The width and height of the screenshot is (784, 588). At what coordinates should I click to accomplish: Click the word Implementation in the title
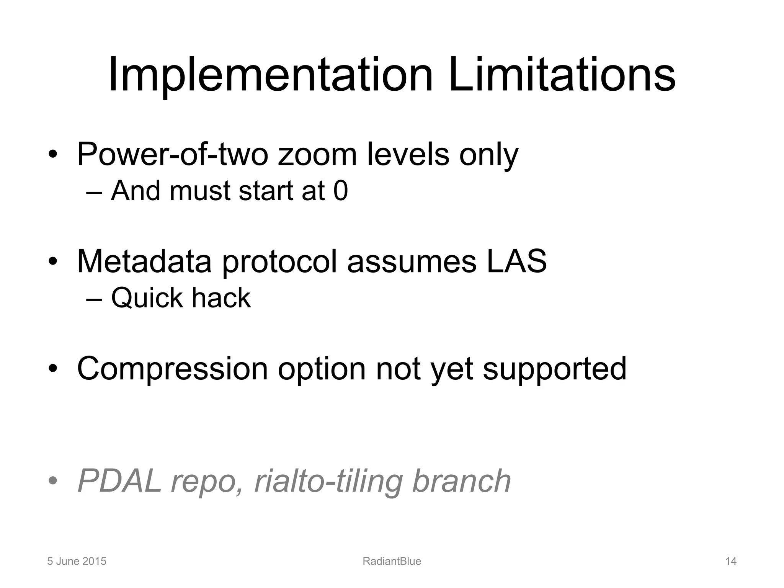(270, 75)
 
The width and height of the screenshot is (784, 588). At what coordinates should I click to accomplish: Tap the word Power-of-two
(172, 154)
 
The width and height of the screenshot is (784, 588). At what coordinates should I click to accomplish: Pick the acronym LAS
(517, 261)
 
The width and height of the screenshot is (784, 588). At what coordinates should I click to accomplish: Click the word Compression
(172, 369)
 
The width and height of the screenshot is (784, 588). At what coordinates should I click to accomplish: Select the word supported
(555, 369)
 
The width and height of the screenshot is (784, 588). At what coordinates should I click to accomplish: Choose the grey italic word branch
(462, 481)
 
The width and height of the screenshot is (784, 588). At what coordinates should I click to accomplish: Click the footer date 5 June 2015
(77, 561)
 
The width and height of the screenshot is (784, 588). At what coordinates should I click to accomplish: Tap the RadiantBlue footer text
(392, 561)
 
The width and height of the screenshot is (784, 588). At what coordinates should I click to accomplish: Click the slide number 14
(731, 561)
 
